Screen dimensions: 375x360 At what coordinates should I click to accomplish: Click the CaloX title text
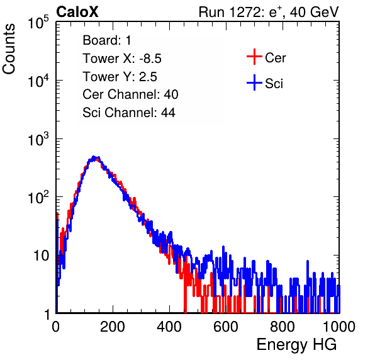pos(77,12)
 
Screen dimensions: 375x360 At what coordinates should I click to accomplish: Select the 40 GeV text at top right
pos(314,12)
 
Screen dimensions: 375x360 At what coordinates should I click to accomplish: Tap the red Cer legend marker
pos(254,57)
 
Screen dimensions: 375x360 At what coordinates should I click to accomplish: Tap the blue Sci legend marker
pos(254,82)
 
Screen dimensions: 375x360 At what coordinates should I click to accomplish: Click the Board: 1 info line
pos(107,40)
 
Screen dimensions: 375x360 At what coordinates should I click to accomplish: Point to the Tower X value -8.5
pos(150,59)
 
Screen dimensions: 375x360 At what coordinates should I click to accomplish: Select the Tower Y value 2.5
pos(148,77)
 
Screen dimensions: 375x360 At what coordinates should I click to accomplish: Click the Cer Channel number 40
pos(171,94)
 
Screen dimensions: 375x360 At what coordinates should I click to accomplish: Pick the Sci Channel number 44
pos(168,113)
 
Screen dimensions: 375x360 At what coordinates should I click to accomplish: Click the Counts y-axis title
pos(9,49)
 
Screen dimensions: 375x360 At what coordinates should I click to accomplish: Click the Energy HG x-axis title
pos(296,344)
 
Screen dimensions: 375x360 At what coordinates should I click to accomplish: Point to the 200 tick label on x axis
pos(113,327)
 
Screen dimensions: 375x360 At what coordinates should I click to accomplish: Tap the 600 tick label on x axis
pos(226,327)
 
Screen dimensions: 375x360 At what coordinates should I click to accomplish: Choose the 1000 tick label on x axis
pos(339,327)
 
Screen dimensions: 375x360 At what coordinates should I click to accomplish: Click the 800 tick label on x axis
pos(283,327)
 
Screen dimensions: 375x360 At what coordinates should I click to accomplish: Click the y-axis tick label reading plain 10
pos(42,256)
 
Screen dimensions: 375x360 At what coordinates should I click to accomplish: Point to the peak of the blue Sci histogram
pos(94,157)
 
